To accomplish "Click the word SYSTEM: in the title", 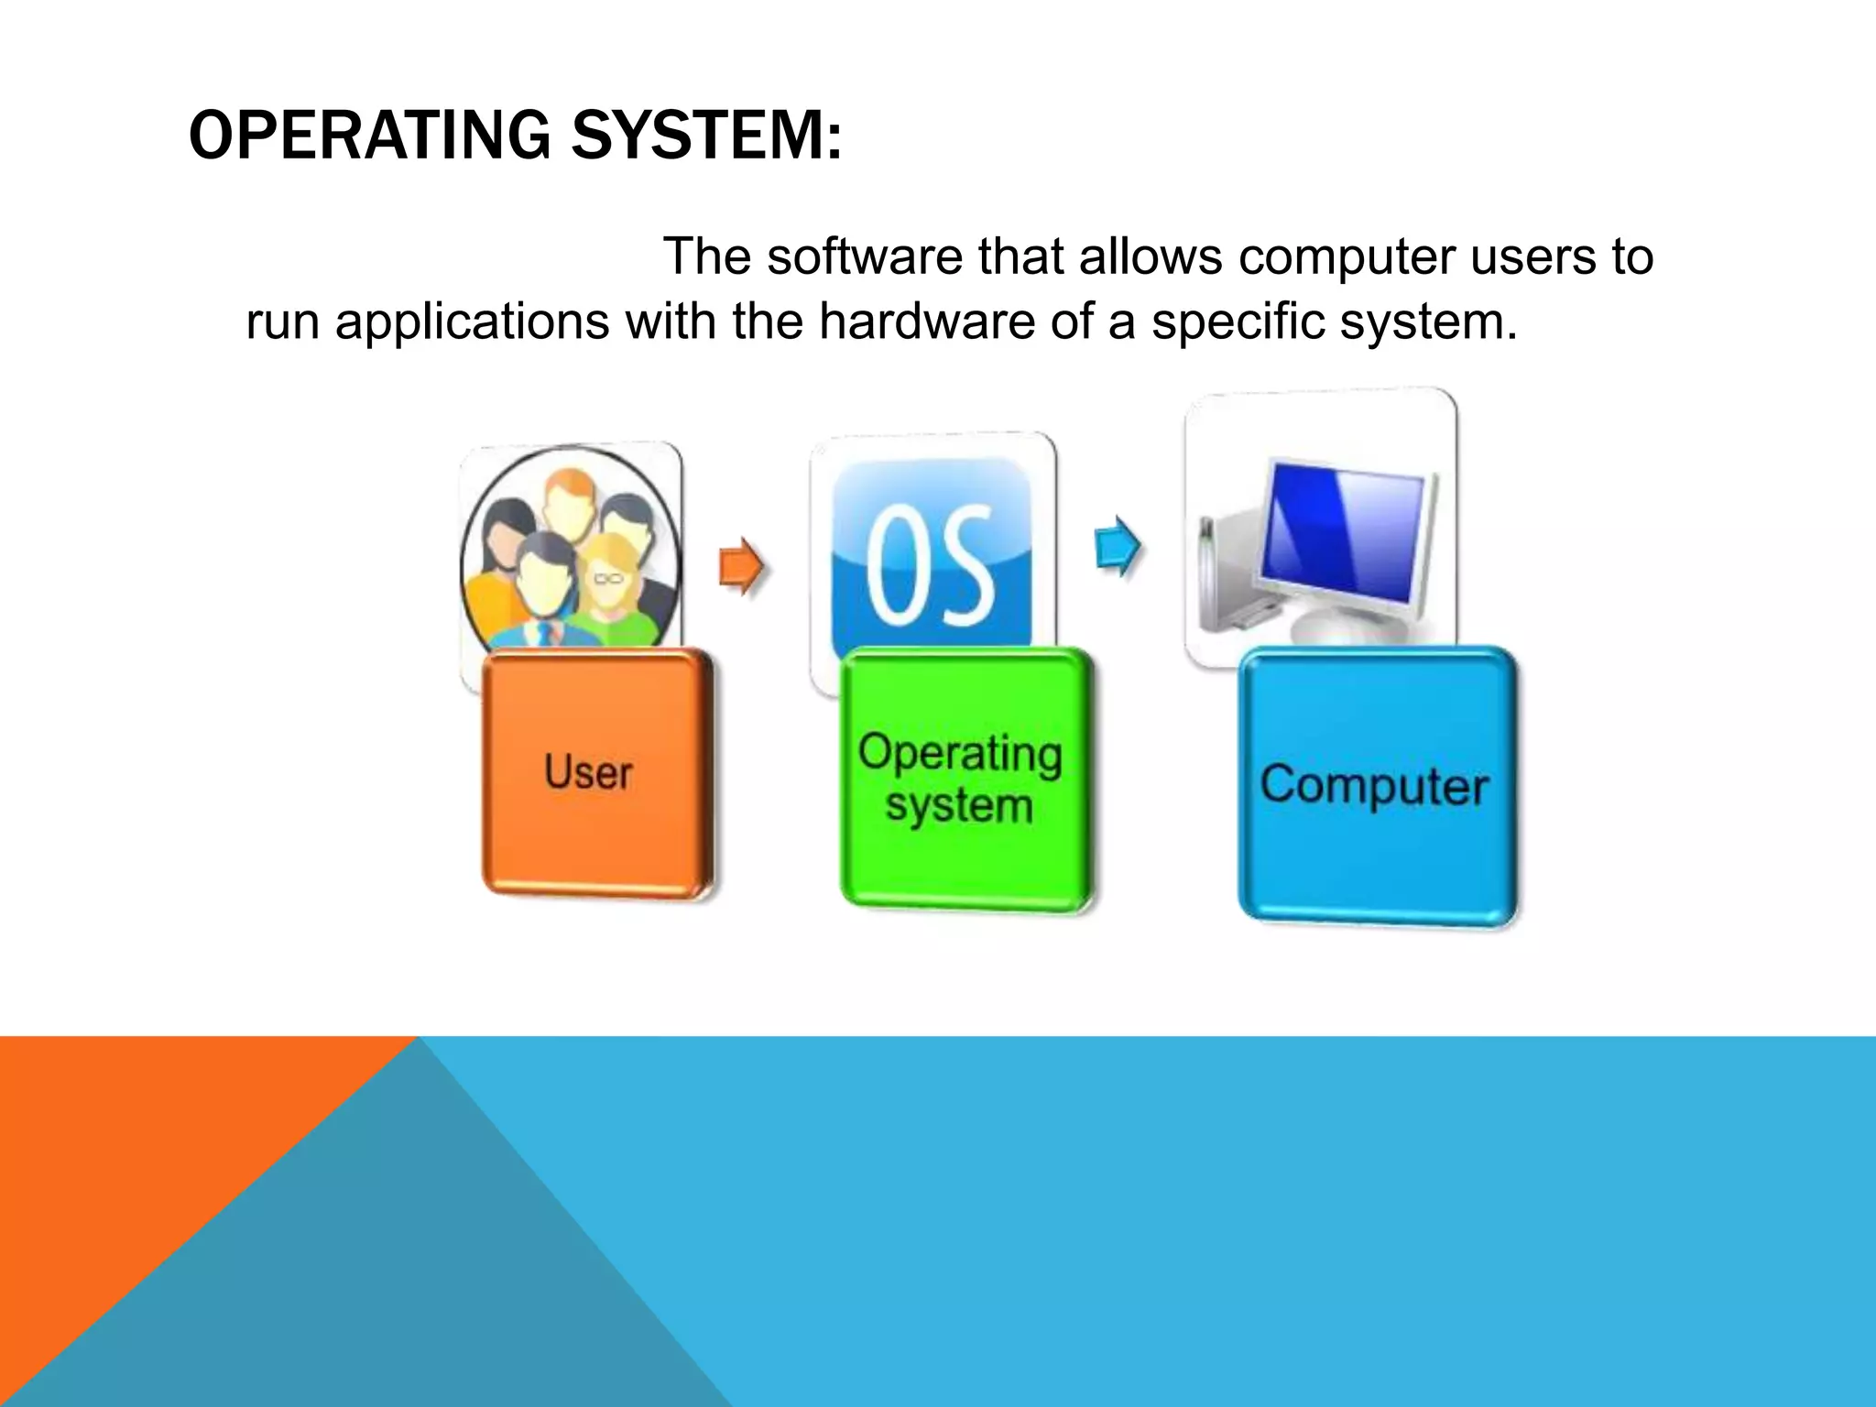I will tap(705, 136).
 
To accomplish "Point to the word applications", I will tap(472, 323).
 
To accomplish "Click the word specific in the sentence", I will tap(1236, 323).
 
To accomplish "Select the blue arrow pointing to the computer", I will tap(1118, 547).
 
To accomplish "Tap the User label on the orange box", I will tap(588, 772).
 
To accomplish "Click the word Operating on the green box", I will tap(960, 753).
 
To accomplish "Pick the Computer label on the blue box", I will tap(1373, 786).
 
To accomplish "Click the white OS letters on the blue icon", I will tap(930, 564).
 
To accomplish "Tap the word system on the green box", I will tap(958, 806).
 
